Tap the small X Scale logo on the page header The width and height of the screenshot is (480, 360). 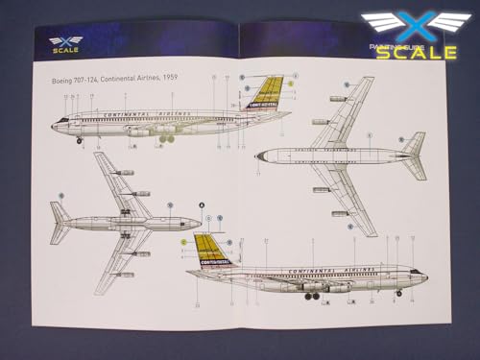(x=65, y=43)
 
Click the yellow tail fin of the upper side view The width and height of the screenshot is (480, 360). (x=268, y=94)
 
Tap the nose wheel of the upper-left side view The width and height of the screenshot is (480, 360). (x=80, y=140)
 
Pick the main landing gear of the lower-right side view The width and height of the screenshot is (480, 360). (x=312, y=296)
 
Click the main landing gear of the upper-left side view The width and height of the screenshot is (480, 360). (x=167, y=138)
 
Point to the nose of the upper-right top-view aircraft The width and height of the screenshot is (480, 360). (x=258, y=155)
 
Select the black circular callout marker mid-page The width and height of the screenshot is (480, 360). (x=202, y=204)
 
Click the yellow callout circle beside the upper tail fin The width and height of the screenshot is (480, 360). (x=290, y=84)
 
